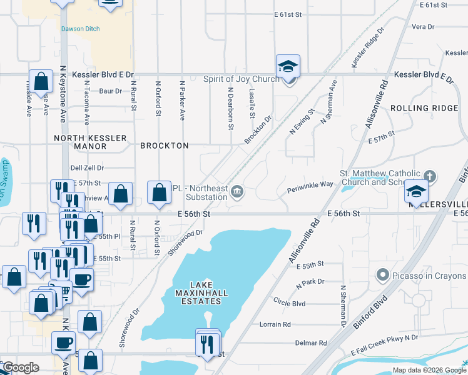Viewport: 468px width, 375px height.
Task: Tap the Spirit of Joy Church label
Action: (x=241, y=79)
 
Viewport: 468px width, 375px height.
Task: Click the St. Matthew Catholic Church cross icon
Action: (x=429, y=176)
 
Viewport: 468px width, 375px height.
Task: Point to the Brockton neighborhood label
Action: (x=165, y=146)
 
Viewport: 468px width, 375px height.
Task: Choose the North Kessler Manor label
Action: (x=91, y=142)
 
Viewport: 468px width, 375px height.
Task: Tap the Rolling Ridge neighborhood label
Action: (x=424, y=108)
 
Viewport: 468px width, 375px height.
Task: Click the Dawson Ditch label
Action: (x=81, y=29)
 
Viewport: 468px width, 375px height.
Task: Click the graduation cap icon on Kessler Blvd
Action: (x=288, y=66)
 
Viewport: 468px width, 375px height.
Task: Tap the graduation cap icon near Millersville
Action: (x=416, y=191)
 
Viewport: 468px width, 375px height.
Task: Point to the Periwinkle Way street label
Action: (x=310, y=184)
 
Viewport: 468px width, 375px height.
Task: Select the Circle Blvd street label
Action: (x=289, y=303)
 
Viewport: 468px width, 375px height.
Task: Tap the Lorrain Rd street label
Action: (x=276, y=324)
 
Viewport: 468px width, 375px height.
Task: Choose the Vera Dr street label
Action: (x=423, y=27)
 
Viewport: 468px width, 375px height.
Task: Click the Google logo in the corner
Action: (x=21, y=367)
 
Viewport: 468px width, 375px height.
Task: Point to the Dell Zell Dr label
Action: (x=87, y=167)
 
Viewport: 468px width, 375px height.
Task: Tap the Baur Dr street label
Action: (x=110, y=91)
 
